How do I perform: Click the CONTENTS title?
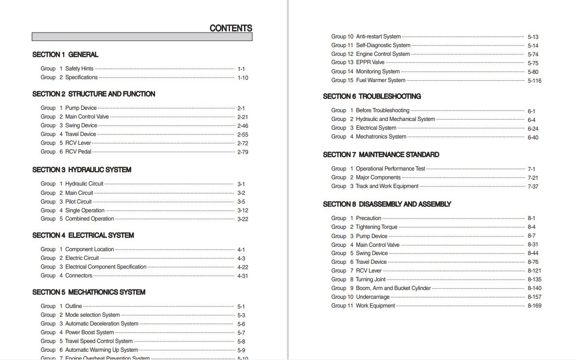click(230, 28)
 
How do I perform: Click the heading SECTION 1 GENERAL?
click(65, 54)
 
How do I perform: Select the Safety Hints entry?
click(79, 69)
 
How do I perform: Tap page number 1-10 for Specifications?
click(243, 78)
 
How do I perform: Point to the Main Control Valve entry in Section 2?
click(87, 117)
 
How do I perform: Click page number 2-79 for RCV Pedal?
click(243, 152)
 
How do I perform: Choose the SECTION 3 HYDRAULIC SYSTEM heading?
click(82, 170)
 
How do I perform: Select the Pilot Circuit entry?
click(78, 202)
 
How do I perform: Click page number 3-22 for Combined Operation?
click(243, 219)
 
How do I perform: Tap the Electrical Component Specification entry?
click(105, 267)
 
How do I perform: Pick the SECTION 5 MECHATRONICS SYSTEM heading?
click(88, 292)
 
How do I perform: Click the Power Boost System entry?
click(89, 332)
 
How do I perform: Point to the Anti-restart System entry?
click(378, 36)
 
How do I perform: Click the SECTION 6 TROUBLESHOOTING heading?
click(372, 96)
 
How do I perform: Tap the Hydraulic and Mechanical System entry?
click(395, 119)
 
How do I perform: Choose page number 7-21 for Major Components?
click(533, 178)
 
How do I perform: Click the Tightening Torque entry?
click(376, 227)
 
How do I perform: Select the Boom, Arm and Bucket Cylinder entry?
click(393, 288)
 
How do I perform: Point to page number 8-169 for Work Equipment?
click(534, 306)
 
